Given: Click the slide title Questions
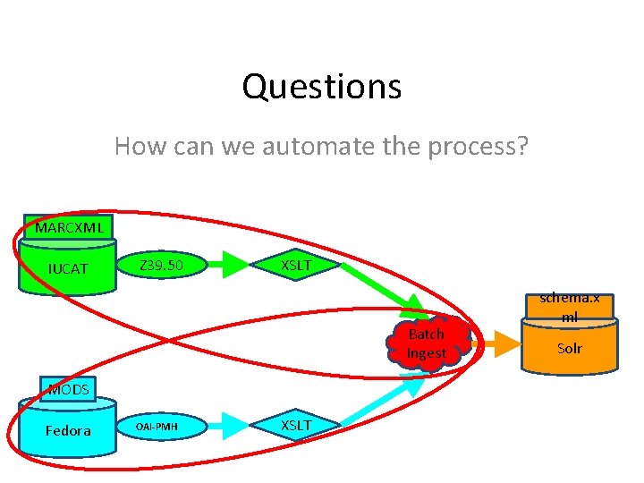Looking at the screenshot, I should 321,87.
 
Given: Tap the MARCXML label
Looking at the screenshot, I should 69,227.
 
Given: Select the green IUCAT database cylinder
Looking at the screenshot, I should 68,268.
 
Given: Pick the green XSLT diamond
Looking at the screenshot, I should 296,265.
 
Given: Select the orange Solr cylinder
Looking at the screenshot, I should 570,348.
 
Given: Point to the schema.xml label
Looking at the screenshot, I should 570,307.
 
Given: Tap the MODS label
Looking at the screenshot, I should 68,389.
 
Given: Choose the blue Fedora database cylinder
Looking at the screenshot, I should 68,430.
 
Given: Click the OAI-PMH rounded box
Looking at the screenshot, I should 157,427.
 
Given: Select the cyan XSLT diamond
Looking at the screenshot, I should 296,425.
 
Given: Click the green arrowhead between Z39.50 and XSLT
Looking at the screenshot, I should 234,265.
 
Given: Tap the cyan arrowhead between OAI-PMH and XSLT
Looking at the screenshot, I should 234,427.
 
